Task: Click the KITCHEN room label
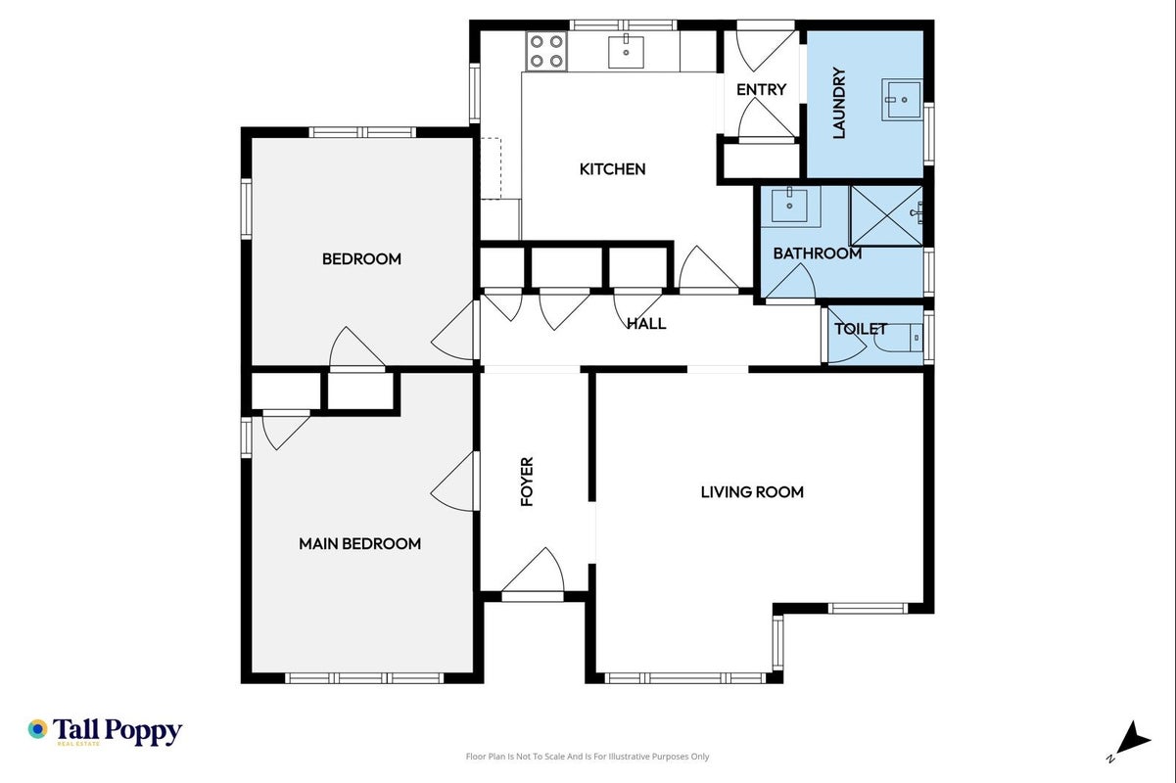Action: [612, 169]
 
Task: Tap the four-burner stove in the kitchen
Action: [546, 51]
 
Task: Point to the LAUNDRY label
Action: [839, 103]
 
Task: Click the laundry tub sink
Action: [901, 100]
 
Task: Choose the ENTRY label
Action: [761, 90]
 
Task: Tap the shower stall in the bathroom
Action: [887, 215]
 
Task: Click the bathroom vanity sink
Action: [790, 206]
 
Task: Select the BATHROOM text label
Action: [818, 253]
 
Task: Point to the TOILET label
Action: [861, 329]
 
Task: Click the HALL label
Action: [647, 324]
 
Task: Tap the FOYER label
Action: [527, 482]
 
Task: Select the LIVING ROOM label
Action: [752, 491]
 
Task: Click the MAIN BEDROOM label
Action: [359, 543]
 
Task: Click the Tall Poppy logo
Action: [105, 731]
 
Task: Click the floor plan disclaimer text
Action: [588, 757]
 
